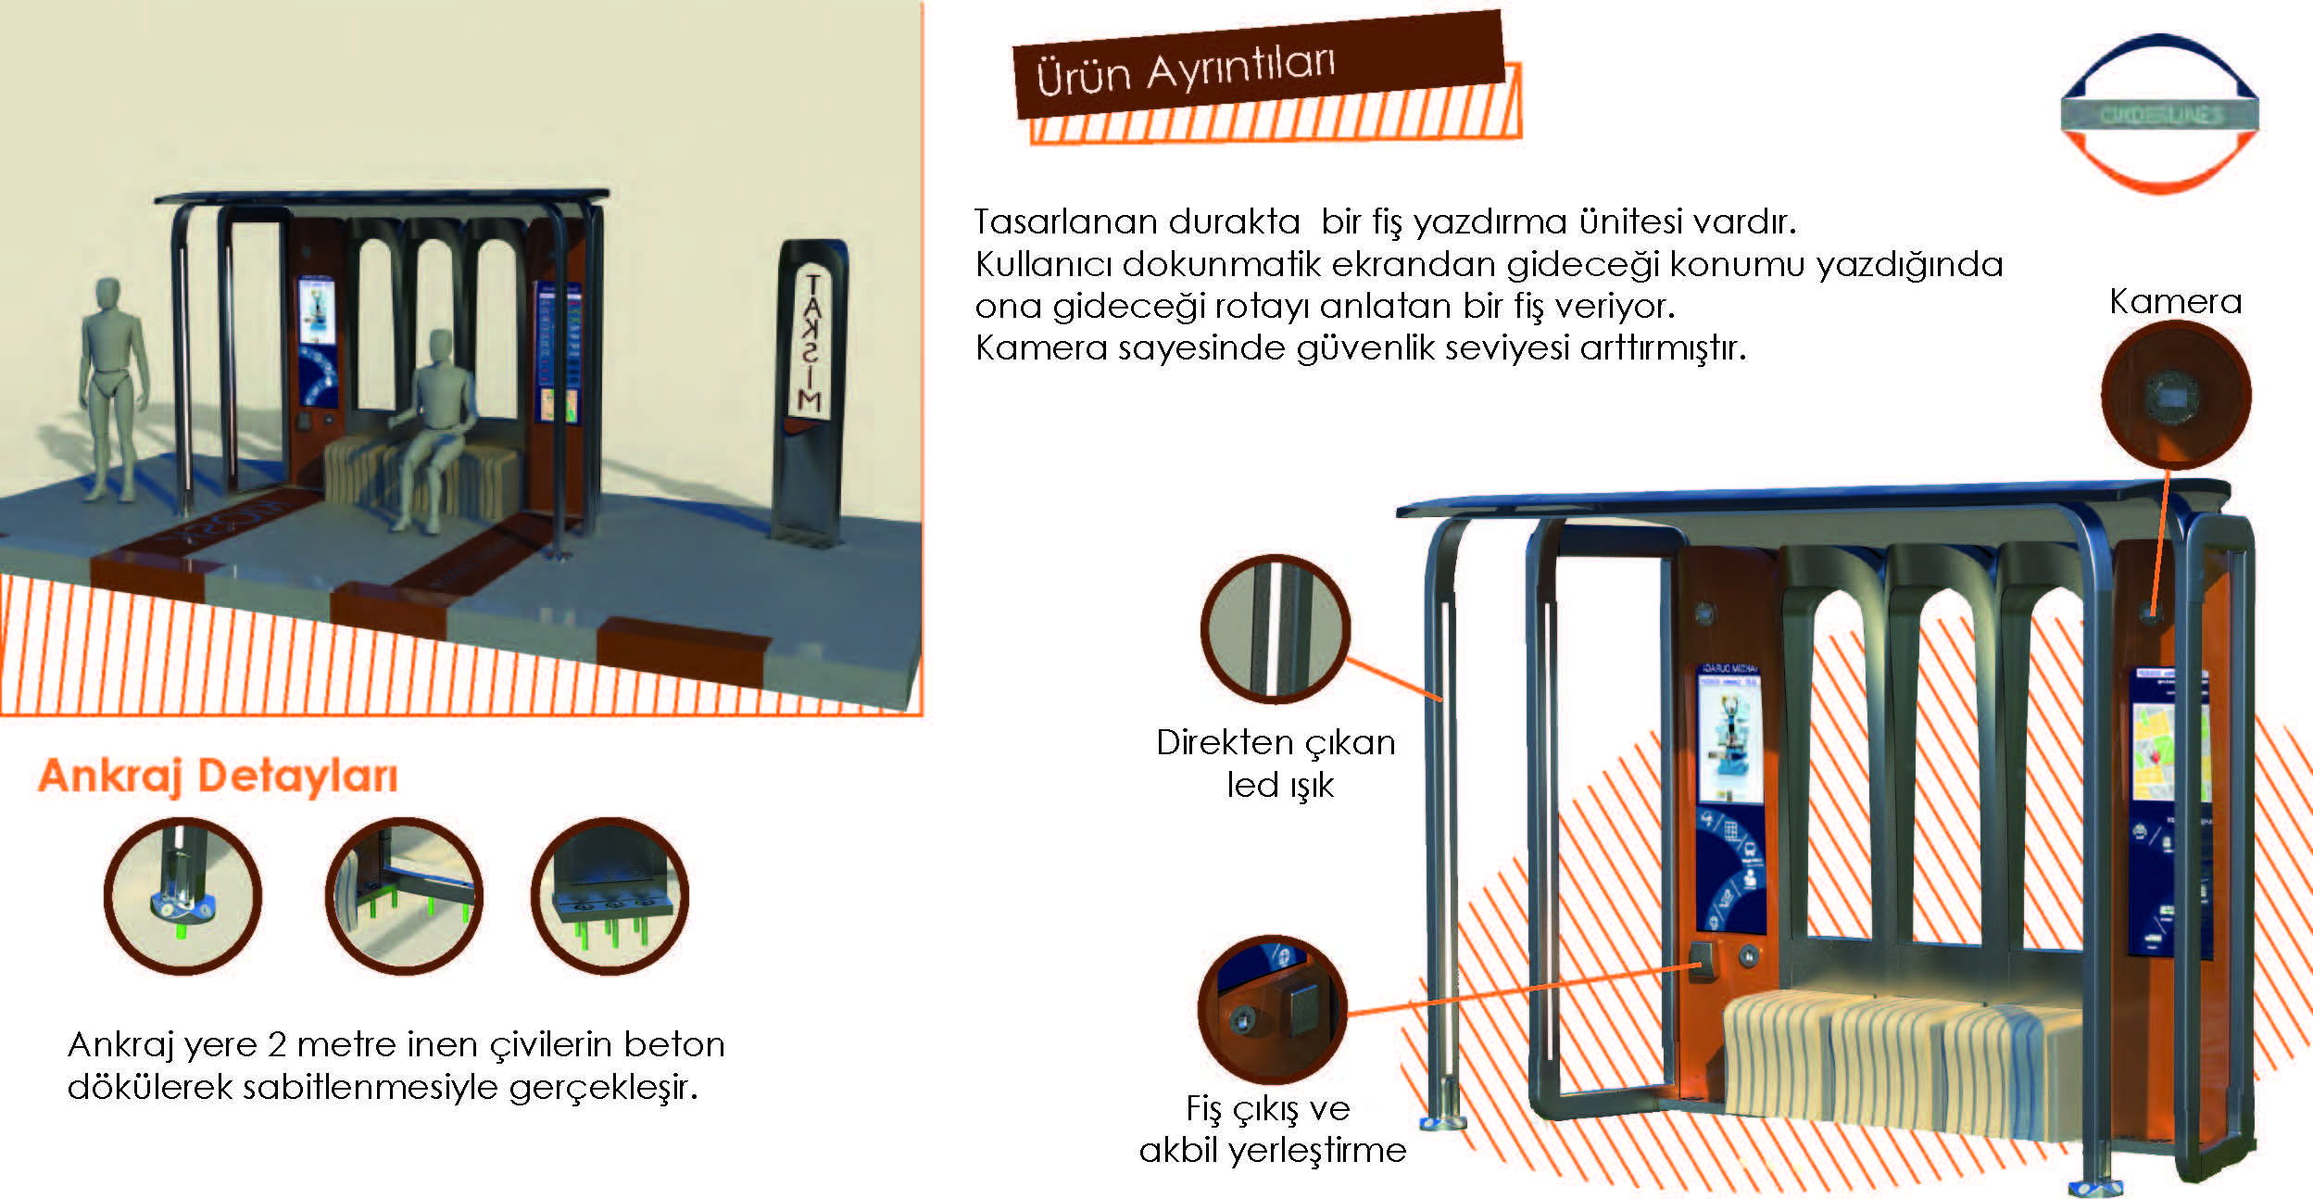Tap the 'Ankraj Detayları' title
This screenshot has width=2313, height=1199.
[218, 776]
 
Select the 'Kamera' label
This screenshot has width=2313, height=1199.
[2175, 302]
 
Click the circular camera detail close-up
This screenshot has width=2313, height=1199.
[2175, 396]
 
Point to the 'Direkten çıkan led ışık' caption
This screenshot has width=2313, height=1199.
[1276, 764]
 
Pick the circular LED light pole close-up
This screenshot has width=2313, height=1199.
[1276, 630]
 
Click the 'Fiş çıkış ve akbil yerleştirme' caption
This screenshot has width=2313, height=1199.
[1272, 1129]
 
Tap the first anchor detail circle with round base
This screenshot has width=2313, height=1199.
[182, 896]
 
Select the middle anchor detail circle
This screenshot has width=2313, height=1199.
[404, 896]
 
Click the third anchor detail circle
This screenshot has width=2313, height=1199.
[610, 896]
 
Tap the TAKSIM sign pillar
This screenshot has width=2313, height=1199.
[811, 389]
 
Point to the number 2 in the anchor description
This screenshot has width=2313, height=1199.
[276, 1045]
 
